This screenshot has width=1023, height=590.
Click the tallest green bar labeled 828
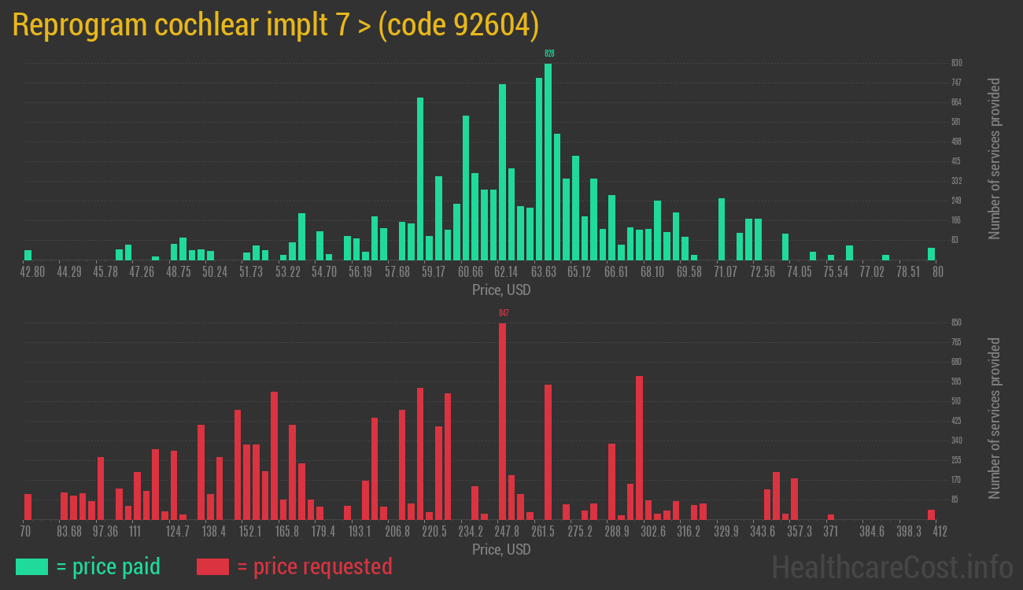[548, 161]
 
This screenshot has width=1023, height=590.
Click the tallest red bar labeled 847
[502, 421]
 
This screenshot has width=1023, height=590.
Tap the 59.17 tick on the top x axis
[434, 272]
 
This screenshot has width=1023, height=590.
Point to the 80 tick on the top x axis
[937, 272]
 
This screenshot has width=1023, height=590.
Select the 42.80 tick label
[33, 272]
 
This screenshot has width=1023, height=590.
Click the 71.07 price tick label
[726, 272]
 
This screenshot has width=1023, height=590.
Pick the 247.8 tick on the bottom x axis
[507, 532]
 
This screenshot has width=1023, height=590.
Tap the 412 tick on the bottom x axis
[939, 532]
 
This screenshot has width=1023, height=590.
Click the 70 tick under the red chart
[26, 532]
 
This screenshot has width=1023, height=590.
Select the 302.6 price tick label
[652, 532]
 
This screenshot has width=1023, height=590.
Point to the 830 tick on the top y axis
[956, 63]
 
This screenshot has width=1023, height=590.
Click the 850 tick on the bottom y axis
[956, 323]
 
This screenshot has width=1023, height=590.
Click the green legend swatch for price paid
[31, 566]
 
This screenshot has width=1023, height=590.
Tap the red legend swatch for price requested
[212, 566]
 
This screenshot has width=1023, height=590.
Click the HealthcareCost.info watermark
[892, 566]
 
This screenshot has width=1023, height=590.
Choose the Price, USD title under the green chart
[501, 289]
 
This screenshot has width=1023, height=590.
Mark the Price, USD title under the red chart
[501, 549]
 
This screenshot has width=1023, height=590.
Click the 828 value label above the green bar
[549, 53]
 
